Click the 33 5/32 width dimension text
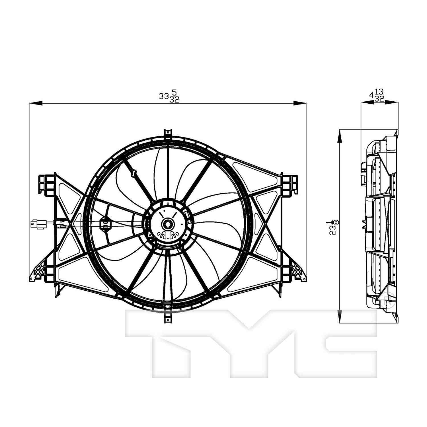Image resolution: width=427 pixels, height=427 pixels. pyautogui.click(x=169, y=96)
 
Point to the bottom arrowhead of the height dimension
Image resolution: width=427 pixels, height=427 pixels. pyautogui.click(x=340, y=317)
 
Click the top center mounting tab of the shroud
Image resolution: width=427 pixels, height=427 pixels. pyautogui.click(x=168, y=134)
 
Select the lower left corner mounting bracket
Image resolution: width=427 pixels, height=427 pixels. pyautogui.click(x=40, y=272)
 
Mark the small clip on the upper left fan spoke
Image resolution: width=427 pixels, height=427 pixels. pyautogui.click(x=133, y=173)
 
